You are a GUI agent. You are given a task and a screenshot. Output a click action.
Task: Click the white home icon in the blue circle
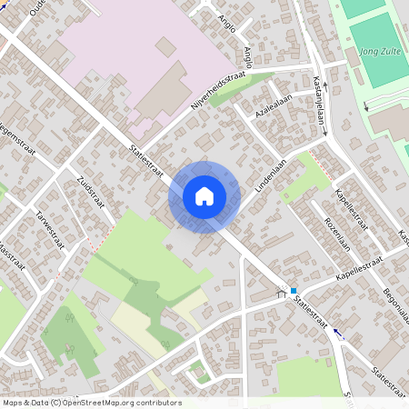[x=204, y=195]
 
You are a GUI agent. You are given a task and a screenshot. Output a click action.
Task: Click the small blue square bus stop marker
[x=294, y=290]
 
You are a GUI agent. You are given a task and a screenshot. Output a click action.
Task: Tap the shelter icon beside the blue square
[x=282, y=293]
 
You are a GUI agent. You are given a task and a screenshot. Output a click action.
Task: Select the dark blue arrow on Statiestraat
[x=339, y=333]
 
